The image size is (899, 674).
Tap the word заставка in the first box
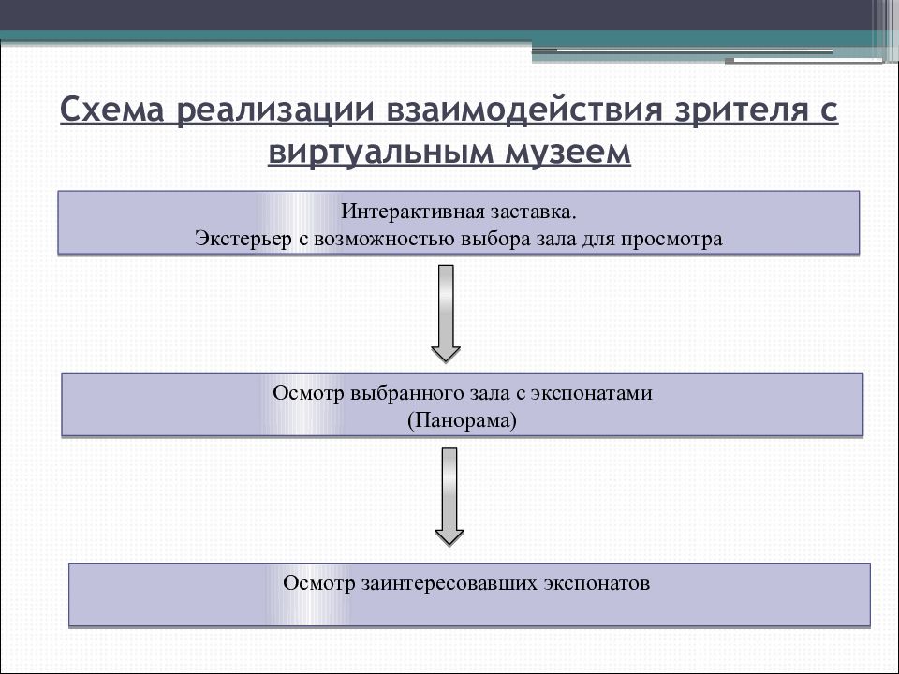click(533, 213)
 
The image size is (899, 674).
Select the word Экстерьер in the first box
click(243, 239)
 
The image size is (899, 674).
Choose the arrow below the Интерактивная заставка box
click(446, 314)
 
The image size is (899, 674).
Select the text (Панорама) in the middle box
click(462, 420)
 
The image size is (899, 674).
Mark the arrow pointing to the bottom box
click(449, 497)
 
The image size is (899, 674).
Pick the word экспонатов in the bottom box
click(597, 584)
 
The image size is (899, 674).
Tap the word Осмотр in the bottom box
click(319, 584)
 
